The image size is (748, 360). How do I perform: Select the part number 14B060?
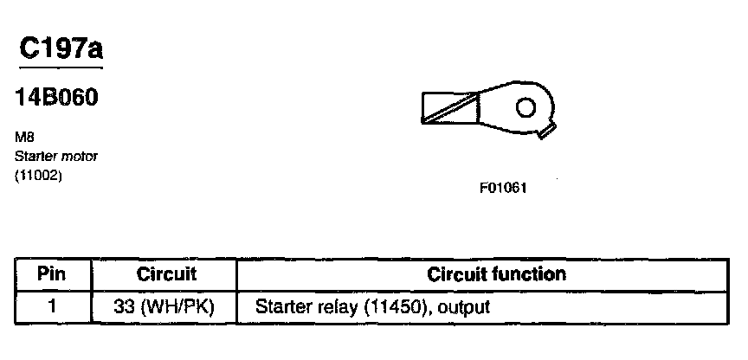click(56, 98)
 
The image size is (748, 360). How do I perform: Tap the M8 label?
click(24, 137)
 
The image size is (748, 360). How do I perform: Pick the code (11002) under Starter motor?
click(39, 177)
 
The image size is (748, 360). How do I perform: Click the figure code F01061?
click(503, 187)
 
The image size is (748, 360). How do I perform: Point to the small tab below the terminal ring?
click(545, 132)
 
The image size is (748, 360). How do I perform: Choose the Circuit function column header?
click(497, 275)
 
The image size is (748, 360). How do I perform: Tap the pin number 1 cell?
click(53, 306)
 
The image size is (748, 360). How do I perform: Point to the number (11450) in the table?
click(394, 306)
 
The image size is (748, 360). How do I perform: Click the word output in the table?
click(461, 306)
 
